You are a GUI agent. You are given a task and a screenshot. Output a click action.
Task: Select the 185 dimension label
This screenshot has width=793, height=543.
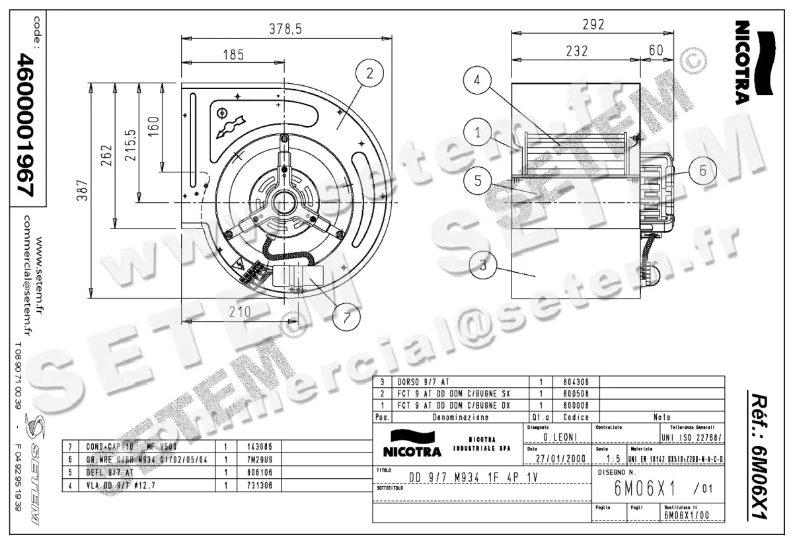tap(233, 55)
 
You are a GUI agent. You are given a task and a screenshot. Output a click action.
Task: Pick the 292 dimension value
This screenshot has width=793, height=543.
tap(593, 25)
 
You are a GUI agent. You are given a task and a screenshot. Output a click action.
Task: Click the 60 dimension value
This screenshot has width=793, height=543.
tap(656, 50)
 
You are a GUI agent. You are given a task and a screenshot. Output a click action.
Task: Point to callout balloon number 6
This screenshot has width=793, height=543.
tap(702, 170)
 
